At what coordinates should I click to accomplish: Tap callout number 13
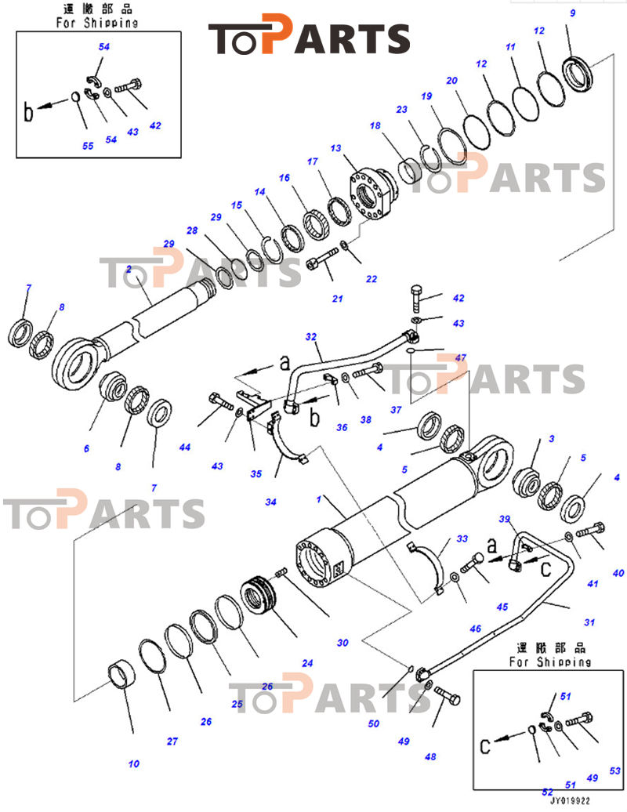(x=336, y=149)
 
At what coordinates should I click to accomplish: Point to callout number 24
(x=307, y=663)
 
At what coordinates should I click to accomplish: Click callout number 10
(x=133, y=763)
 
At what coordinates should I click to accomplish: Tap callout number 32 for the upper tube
(x=311, y=337)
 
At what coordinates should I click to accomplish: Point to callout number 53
(x=614, y=771)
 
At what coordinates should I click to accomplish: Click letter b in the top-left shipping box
(x=29, y=113)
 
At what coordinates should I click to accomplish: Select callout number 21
(x=338, y=298)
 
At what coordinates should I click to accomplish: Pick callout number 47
(x=460, y=357)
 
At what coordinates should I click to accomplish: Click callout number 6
(x=86, y=448)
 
